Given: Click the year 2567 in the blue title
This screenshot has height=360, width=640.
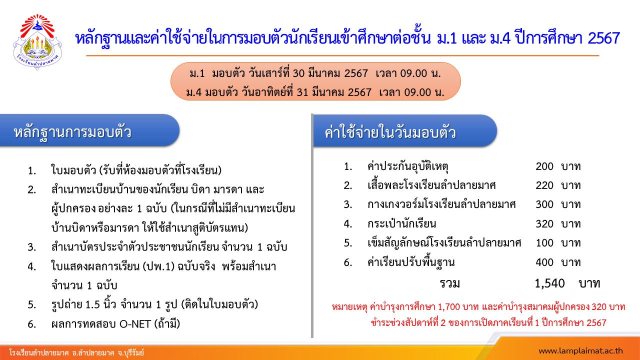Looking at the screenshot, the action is (603, 38).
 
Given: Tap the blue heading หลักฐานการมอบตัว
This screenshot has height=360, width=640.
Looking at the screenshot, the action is (72, 132).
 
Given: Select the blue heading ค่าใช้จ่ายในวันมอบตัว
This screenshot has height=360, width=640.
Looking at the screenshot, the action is (390, 133).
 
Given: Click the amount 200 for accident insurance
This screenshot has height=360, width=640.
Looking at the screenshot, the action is (544, 166).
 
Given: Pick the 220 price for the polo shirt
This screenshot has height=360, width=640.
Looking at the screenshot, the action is (544, 185).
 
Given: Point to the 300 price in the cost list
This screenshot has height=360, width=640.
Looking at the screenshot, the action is (544, 204).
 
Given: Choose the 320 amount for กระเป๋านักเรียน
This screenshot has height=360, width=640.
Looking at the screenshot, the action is (544, 224).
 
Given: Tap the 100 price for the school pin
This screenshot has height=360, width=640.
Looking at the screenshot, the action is (544, 243).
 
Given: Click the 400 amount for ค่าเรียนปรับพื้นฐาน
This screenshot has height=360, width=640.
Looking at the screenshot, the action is (544, 262).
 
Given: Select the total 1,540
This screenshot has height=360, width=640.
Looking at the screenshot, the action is (549, 283).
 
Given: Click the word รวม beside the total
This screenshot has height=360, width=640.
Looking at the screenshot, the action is (449, 283).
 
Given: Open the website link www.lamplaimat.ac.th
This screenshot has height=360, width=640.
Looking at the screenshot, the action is (580, 351).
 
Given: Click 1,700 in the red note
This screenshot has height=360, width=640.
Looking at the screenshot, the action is (449, 307).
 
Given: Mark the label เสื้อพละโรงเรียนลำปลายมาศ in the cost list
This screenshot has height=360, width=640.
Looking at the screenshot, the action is (431, 185).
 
